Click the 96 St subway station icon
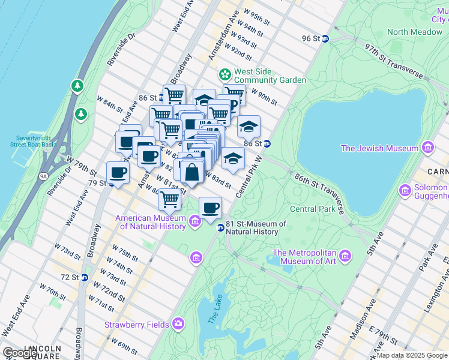325,38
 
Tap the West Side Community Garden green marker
225,74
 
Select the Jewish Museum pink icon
427,148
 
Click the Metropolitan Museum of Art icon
345,257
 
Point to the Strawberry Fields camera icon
178,324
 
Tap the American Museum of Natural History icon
194,222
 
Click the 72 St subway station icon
85,277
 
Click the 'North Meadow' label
415,32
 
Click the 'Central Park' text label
312,209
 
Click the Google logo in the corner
19,353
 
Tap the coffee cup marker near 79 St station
118,172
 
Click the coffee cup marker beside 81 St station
210,208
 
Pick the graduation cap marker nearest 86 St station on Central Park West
249,126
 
